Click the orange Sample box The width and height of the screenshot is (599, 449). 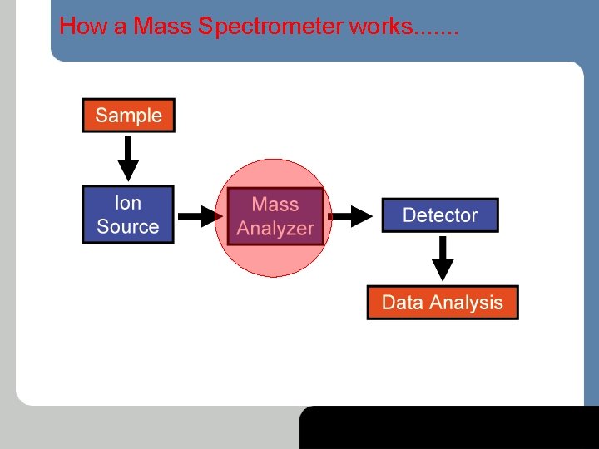point(128,116)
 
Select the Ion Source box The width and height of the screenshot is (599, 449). point(128,215)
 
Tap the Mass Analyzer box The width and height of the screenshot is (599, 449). point(275,216)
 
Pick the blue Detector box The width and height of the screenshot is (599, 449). point(439,215)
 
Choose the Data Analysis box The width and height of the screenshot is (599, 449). point(442,303)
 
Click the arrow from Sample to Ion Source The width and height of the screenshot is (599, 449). point(127,158)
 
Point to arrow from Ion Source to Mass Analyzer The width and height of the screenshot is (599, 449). point(198,216)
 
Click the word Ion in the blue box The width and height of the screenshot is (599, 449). point(128,203)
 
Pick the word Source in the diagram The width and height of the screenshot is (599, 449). point(128,226)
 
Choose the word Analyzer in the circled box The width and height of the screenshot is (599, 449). point(275,229)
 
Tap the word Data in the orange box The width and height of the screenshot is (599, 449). point(403,303)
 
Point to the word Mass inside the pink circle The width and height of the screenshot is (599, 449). point(275,205)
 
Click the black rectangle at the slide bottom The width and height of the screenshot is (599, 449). point(449,427)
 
